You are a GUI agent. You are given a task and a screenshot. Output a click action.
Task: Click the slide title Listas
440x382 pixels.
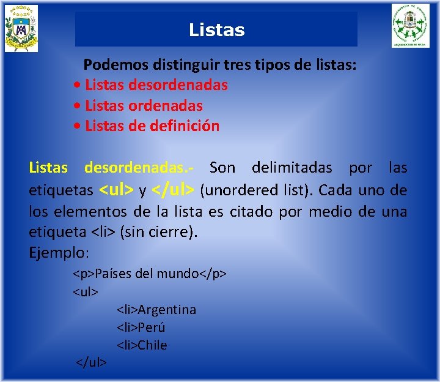pos(216,30)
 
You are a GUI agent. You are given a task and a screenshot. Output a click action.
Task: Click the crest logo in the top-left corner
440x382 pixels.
pos(21,28)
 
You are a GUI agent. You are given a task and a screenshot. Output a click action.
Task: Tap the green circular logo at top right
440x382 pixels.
pos(411,26)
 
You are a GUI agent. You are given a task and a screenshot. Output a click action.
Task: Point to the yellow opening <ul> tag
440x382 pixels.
pos(116,190)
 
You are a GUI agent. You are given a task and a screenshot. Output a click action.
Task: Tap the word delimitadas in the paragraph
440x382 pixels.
pos(291,168)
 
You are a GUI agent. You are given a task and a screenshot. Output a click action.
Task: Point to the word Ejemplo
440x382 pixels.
pos(59,252)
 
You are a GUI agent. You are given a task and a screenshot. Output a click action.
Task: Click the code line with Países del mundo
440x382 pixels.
pos(150,273)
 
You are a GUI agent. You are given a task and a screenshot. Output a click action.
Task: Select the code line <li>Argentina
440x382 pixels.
pos(156,310)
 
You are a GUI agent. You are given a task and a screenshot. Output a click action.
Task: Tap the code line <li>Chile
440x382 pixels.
pos(142,345)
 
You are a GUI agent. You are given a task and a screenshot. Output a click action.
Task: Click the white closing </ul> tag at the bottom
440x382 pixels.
pos(91,362)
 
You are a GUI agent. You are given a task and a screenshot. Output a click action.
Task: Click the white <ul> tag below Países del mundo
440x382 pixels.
pos(86,291)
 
